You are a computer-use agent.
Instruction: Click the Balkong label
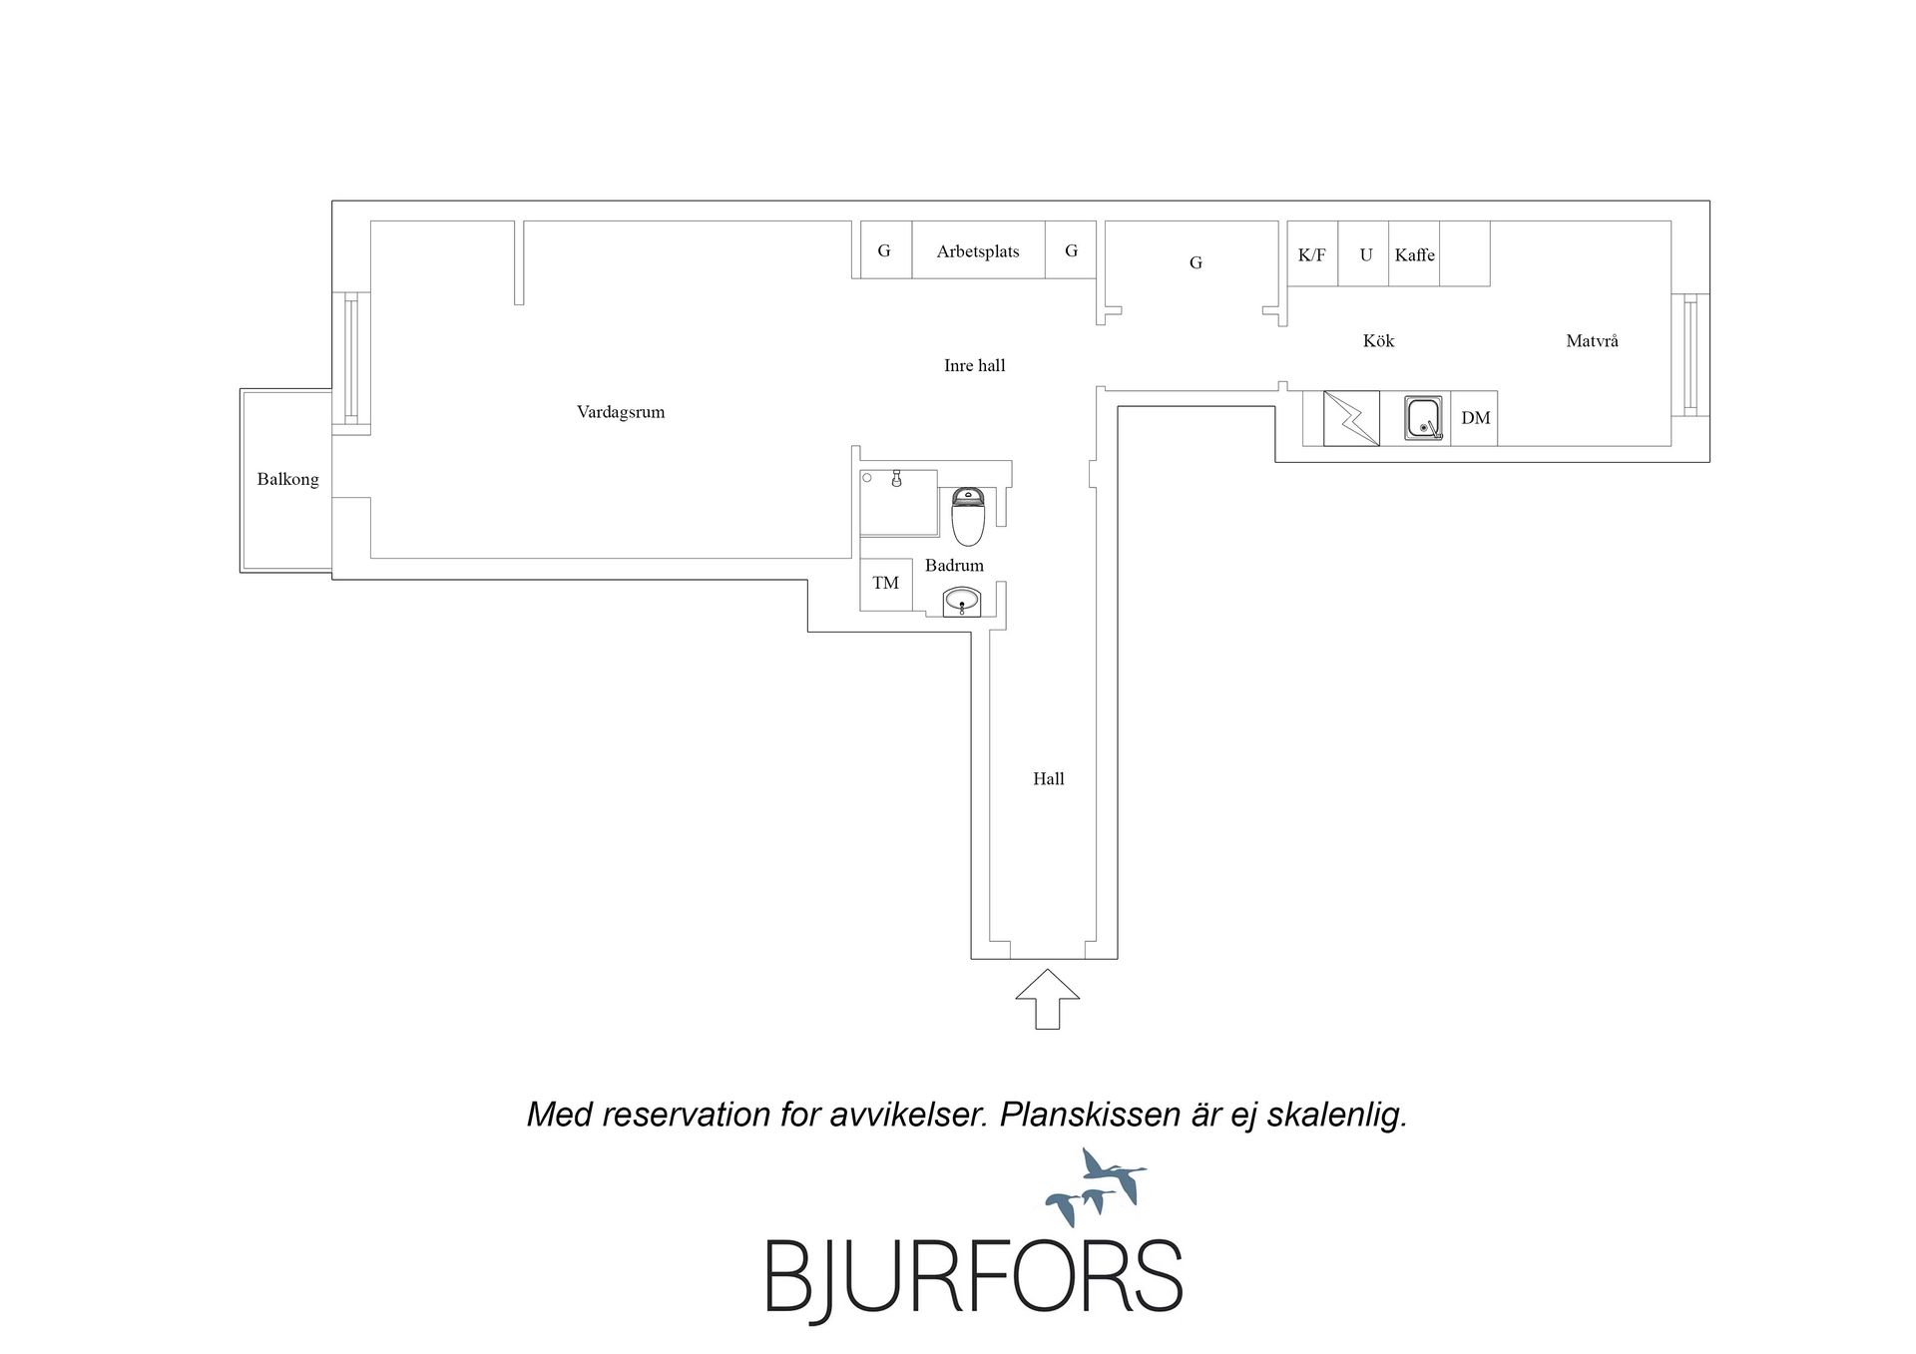(x=287, y=479)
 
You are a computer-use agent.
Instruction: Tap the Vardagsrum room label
(x=621, y=412)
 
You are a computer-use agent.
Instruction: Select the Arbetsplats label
(x=978, y=251)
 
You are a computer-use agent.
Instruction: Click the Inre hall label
(x=975, y=365)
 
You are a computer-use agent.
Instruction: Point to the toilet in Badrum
(x=968, y=516)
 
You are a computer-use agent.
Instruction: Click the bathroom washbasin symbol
(x=962, y=602)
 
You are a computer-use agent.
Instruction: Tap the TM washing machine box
(x=886, y=584)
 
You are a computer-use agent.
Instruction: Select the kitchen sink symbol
(x=1424, y=418)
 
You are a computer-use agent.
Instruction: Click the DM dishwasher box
(x=1475, y=418)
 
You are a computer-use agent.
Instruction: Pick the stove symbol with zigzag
(x=1351, y=418)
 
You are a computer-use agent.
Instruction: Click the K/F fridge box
(x=1312, y=253)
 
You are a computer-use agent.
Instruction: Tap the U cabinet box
(x=1364, y=253)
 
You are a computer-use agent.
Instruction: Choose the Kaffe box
(x=1414, y=253)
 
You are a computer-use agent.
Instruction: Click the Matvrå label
(x=1592, y=341)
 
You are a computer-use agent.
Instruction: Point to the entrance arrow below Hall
(x=1048, y=999)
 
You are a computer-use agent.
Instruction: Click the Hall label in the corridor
(x=1049, y=779)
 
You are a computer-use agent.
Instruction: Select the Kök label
(x=1378, y=341)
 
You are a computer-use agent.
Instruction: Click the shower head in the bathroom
(x=897, y=479)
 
